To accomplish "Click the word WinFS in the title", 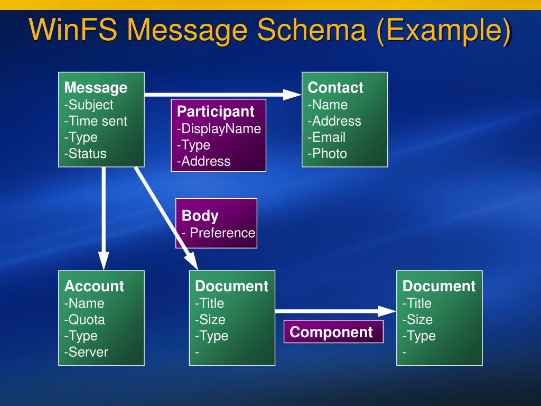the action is (73, 30).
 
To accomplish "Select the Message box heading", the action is (96, 88).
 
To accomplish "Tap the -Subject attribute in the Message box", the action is (89, 105).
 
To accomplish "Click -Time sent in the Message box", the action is (96, 121).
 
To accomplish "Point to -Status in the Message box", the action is (85, 154).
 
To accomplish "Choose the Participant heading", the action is (216, 112).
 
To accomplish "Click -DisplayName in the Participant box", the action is (219, 129).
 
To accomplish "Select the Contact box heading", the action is (335, 88).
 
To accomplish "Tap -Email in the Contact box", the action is (327, 137).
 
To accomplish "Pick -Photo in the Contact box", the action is (327, 154).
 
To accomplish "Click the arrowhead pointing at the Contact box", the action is (292, 95).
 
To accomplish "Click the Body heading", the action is (200, 216).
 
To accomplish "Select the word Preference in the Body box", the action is (222, 233).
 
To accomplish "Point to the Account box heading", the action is (94, 286).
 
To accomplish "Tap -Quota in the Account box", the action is (85, 320).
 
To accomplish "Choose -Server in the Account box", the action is (86, 352).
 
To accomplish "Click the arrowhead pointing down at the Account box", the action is (104, 260).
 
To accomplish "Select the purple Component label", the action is (333, 332).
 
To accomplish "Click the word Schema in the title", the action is (311, 30).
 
